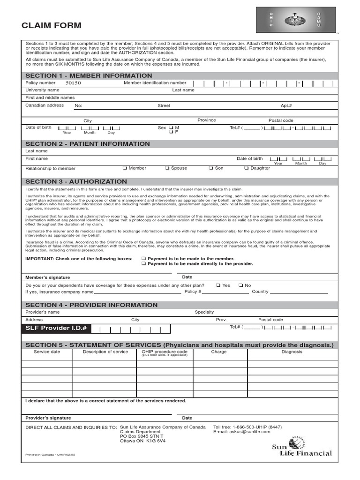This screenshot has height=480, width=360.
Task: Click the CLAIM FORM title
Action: (52, 25)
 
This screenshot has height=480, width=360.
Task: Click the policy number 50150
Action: (73, 83)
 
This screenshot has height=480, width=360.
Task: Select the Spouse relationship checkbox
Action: (167, 168)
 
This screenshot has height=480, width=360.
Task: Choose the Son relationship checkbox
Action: (211, 168)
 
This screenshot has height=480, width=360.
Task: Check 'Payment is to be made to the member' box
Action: (144, 259)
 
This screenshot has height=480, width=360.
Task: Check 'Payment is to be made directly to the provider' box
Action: (144, 264)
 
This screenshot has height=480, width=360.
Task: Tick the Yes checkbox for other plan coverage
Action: (218, 285)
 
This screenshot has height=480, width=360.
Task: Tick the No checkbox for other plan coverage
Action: (240, 285)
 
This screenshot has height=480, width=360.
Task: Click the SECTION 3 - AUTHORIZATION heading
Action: (76, 181)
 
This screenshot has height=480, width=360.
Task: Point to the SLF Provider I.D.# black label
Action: (56, 328)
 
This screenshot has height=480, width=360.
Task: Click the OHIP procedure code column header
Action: (165, 352)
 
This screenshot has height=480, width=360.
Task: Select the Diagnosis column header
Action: (292, 352)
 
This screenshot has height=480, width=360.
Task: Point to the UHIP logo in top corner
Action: (295, 20)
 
